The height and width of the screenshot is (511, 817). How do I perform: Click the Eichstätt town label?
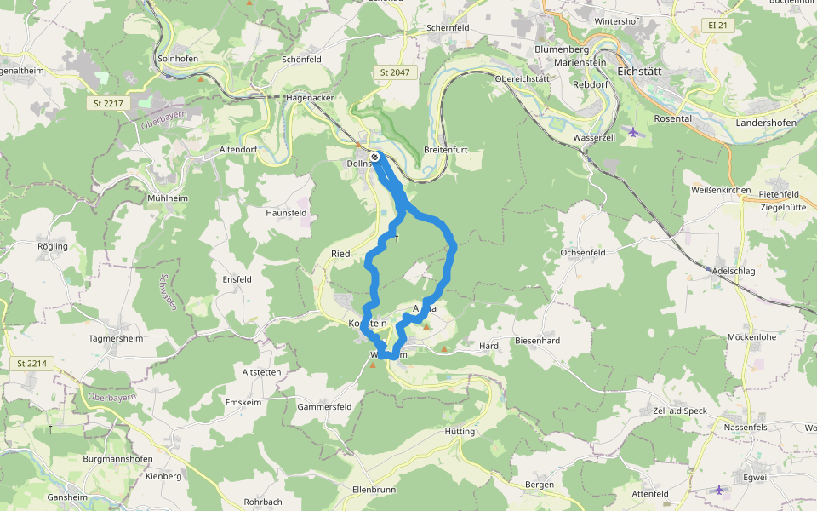(x=646, y=71)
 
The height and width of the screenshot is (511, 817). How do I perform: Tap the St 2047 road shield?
(x=395, y=73)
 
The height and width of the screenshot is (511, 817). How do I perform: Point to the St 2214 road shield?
(x=31, y=364)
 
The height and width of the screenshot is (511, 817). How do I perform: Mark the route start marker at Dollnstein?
(x=374, y=156)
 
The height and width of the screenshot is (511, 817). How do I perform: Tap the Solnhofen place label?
(x=178, y=59)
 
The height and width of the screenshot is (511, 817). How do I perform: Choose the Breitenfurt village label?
(x=446, y=150)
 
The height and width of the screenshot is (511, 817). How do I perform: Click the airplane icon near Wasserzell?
(x=632, y=131)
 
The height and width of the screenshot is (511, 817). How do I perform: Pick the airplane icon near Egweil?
(x=719, y=490)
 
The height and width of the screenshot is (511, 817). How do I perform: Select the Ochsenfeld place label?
(x=582, y=253)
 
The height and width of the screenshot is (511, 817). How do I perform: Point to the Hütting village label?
(x=460, y=432)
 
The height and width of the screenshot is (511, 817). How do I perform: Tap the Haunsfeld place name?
(x=286, y=212)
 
